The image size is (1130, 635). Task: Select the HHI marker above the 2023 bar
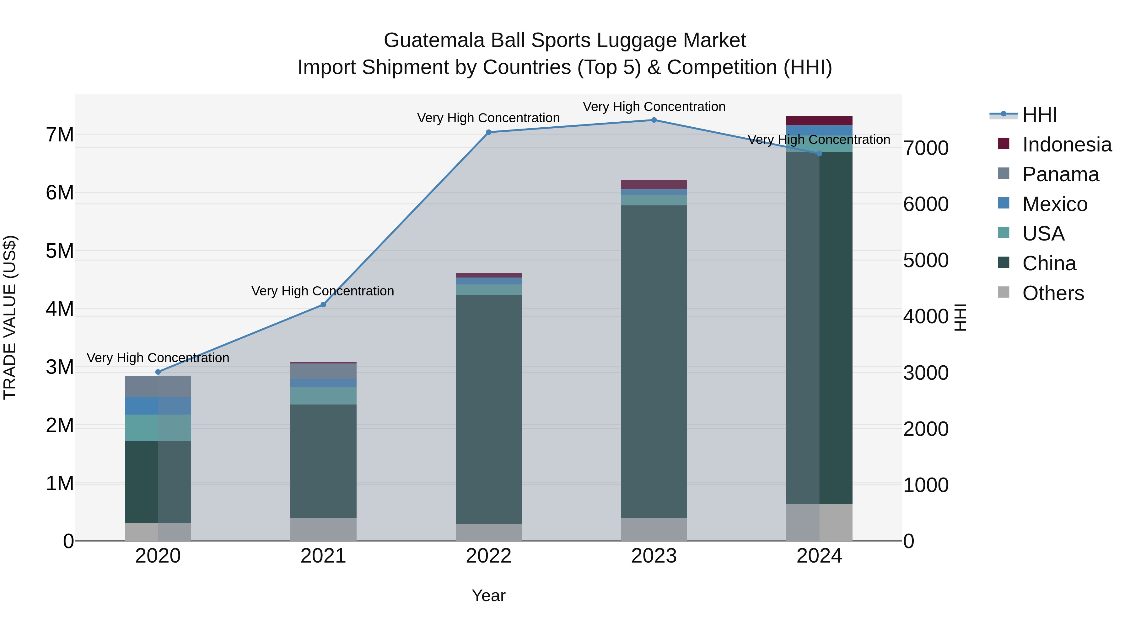[654, 120]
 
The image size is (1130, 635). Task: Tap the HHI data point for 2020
[158, 372]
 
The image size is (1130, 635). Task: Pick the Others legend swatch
[1003, 292]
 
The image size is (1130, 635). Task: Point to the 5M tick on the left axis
[60, 251]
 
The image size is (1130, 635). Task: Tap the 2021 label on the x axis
[323, 556]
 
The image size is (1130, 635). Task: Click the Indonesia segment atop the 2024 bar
[819, 120]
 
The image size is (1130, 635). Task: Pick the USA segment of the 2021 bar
[323, 395]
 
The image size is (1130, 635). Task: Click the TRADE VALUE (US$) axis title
[10, 317]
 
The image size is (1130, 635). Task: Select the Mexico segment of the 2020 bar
[158, 406]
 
